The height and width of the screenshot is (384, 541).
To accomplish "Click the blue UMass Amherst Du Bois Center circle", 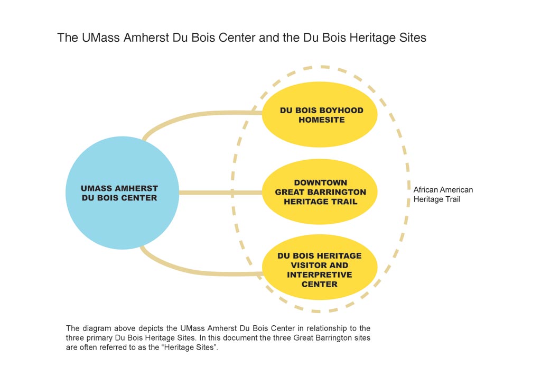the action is [122, 193].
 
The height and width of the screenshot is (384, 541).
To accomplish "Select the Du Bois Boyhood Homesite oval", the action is [320, 115].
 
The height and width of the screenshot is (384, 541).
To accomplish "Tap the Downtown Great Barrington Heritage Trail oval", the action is [320, 191].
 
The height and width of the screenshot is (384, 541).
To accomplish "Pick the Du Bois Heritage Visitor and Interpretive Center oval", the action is [320, 267].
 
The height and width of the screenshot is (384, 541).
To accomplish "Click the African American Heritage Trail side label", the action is [443, 195].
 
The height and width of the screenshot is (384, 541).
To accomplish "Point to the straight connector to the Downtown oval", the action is [221, 193].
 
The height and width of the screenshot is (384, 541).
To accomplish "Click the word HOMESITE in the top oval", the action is [322, 120].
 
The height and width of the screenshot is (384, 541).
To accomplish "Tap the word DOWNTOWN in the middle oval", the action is [321, 182].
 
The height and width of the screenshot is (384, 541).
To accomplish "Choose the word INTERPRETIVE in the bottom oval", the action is [320, 275].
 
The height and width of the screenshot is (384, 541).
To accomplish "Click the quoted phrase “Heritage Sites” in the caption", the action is [190, 348].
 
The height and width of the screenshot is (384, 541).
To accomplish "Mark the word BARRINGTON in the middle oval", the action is [337, 192].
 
